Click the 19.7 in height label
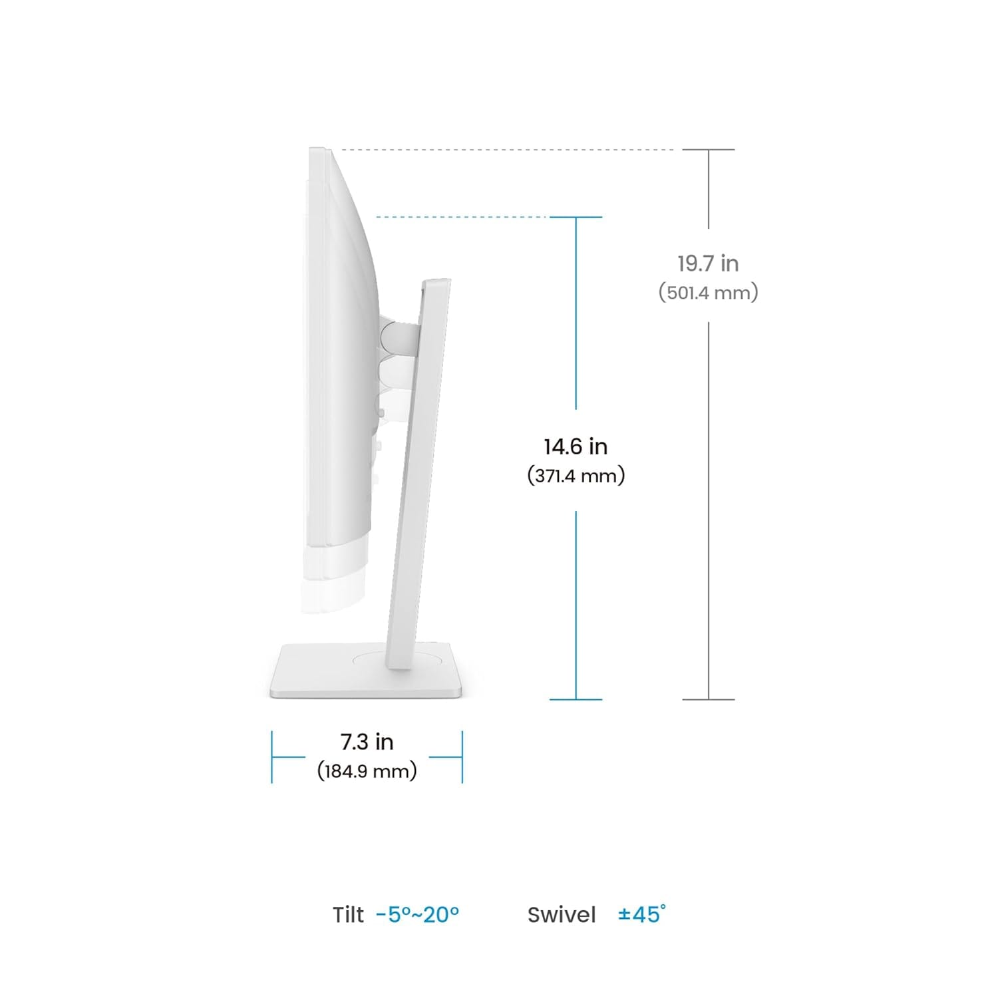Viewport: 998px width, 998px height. [708, 263]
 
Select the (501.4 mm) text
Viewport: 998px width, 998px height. [708, 292]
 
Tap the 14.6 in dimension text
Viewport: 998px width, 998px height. [576, 446]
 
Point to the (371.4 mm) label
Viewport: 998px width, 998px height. [576, 476]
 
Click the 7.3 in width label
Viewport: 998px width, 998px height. [367, 741]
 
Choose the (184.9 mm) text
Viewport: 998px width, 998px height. [367, 770]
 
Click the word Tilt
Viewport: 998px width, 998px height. [348, 915]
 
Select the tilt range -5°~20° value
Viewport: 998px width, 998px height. [417, 915]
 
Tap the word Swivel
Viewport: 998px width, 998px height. [561, 915]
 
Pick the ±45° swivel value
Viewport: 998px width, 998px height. [641, 914]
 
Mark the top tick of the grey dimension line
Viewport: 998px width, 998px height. [709, 150]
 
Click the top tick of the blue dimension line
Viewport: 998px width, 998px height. [576, 217]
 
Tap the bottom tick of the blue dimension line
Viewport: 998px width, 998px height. [576, 699]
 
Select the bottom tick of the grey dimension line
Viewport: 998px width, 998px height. [709, 699]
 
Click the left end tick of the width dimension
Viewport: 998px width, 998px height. [272, 756]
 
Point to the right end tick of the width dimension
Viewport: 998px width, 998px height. [462, 756]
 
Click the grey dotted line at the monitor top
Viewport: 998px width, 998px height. [506, 150]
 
